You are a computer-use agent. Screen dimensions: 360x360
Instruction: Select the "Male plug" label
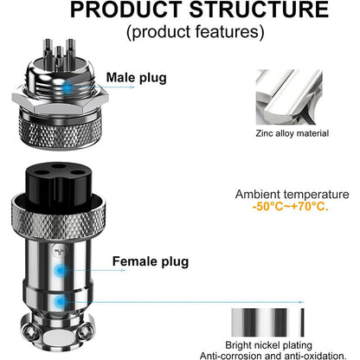135,77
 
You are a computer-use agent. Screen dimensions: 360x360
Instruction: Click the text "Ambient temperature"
292,195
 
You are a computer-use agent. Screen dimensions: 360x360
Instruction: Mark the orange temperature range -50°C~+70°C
287,209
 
